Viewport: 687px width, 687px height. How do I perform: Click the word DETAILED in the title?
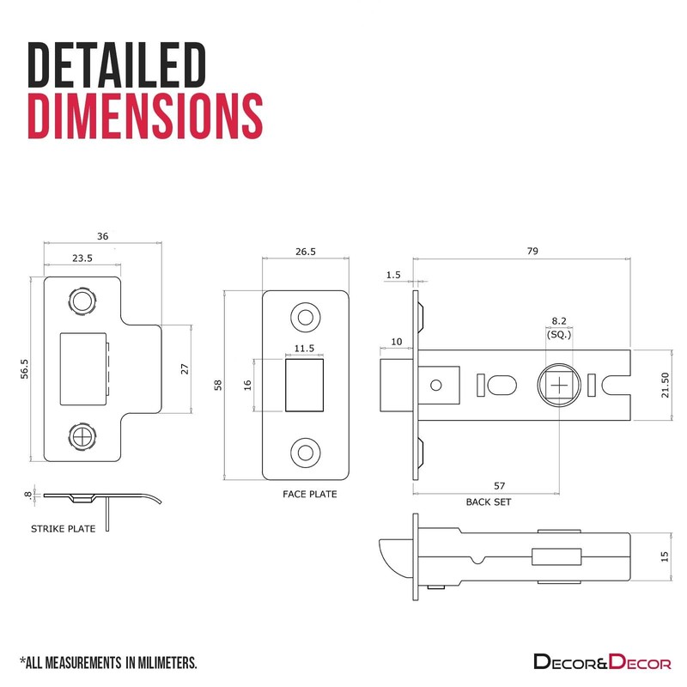click(117, 65)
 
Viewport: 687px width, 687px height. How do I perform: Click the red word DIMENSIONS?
click(145, 116)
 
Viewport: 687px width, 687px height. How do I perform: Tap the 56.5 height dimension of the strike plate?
click(25, 368)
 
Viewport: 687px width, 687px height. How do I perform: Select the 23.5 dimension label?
click(82, 258)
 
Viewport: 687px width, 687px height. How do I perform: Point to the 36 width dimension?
click(102, 236)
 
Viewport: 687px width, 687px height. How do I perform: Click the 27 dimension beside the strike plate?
click(185, 369)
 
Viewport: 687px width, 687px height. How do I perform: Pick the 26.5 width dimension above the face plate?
click(306, 252)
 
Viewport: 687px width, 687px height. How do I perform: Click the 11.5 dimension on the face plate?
click(304, 349)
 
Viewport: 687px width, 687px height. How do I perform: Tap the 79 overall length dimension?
click(532, 251)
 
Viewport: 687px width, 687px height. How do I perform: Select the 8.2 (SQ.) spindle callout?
click(559, 328)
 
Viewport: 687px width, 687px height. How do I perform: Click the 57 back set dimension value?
click(500, 486)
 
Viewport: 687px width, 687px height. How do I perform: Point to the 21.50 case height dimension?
click(666, 385)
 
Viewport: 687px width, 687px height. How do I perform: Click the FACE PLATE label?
click(310, 495)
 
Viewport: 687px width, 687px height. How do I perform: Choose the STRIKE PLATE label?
click(63, 529)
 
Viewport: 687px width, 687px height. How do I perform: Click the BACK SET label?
click(489, 502)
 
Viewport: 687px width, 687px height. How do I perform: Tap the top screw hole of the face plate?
click(306, 317)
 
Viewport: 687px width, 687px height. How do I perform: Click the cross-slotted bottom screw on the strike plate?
click(82, 436)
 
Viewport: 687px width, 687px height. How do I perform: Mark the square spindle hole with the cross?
click(560, 386)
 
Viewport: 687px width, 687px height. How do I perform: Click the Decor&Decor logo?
click(602, 661)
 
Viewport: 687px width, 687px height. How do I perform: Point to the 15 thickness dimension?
click(665, 556)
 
